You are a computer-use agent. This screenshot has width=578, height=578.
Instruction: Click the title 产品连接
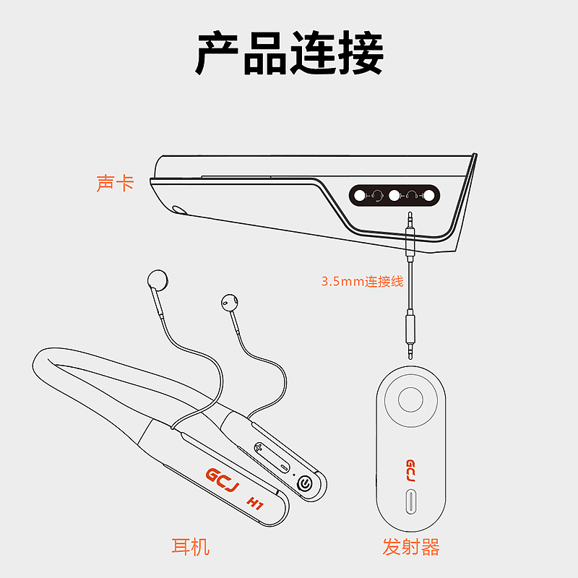[x=290, y=53]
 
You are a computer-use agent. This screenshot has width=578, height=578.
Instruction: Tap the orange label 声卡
[x=115, y=184]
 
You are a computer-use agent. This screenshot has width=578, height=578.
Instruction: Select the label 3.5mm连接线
[x=363, y=281]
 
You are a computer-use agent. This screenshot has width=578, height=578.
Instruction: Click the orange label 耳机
[x=191, y=546]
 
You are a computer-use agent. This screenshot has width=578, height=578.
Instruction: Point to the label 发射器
[x=411, y=546]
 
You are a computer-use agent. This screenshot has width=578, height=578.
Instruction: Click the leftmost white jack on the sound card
[x=359, y=195]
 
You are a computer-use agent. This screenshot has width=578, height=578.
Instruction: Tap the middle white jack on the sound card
[x=394, y=195]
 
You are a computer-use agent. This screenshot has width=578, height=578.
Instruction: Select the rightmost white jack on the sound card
[x=428, y=195]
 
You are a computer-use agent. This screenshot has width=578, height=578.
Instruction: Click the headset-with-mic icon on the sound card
[x=376, y=195]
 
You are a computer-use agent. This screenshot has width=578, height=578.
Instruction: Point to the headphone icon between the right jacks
[x=411, y=195]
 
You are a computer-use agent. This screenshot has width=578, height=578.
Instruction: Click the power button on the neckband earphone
[x=305, y=483]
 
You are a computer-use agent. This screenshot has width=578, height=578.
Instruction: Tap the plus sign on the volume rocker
[x=259, y=448]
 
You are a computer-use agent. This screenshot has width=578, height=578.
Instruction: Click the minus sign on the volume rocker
[x=284, y=467]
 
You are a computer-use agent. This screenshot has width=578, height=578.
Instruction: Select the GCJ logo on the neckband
[x=222, y=480]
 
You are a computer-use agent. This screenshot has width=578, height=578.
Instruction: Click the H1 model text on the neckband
[x=255, y=503]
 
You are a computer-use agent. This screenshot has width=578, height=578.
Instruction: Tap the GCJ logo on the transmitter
[x=410, y=470]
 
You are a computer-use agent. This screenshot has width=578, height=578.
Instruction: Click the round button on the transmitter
[x=410, y=400]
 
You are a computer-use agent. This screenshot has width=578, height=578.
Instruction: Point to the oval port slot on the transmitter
[x=410, y=501]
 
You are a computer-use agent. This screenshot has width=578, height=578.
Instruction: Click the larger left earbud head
[x=158, y=280]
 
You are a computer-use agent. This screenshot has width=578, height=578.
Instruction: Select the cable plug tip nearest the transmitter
[x=410, y=355]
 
